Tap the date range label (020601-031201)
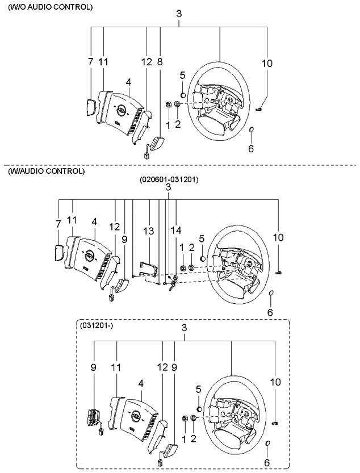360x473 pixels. [169, 179]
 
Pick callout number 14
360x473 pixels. [177, 231]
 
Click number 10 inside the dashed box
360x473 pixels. [275, 382]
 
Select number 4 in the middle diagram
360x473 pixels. [94, 222]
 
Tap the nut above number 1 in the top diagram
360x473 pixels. [169, 105]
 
